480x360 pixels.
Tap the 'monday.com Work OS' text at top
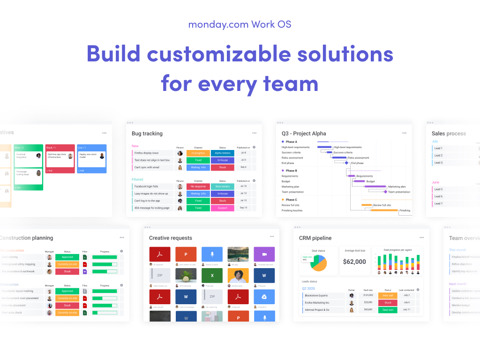[x=240, y=24]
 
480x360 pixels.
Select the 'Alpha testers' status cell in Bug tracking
[x=222, y=153]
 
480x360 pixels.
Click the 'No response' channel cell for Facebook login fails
[x=198, y=186]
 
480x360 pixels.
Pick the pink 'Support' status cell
[x=222, y=208]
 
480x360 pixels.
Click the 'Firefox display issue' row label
[x=147, y=153]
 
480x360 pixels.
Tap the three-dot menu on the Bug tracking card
[x=254, y=133]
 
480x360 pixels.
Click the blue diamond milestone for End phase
[x=346, y=163]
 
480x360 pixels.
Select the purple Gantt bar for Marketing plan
[x=375, y=187]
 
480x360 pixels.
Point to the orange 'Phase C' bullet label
[x=291, y=200]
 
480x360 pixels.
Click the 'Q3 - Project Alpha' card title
[x=304, y=134]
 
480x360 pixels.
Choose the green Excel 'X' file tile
[x=212, y=276]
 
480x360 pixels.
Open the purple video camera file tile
[x=264, y=254]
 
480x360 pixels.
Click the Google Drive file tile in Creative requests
[x=264, y=297]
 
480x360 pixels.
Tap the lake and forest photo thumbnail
[x=238, y=254]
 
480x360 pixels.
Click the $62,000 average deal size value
[x=354, y=262]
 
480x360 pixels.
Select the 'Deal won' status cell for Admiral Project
[x=388, y=310]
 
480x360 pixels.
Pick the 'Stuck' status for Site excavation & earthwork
[x=67, y=271]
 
